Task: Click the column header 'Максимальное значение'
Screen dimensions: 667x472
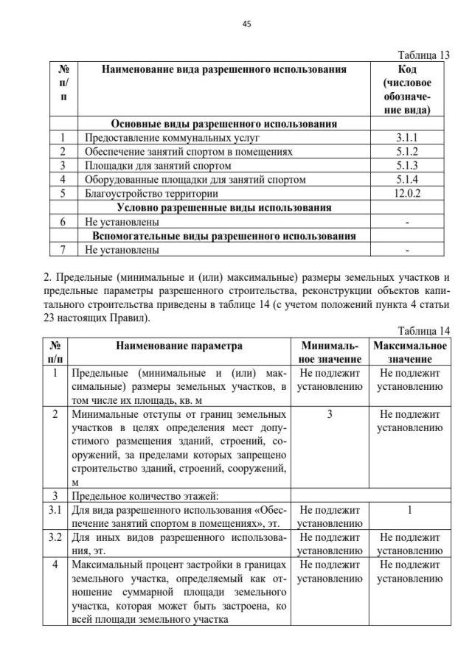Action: pos(409,352)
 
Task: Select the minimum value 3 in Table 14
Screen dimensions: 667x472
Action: pos(329,414)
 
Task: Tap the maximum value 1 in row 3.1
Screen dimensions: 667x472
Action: pos(409,510)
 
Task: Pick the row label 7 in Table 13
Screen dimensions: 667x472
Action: pos(63,250)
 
